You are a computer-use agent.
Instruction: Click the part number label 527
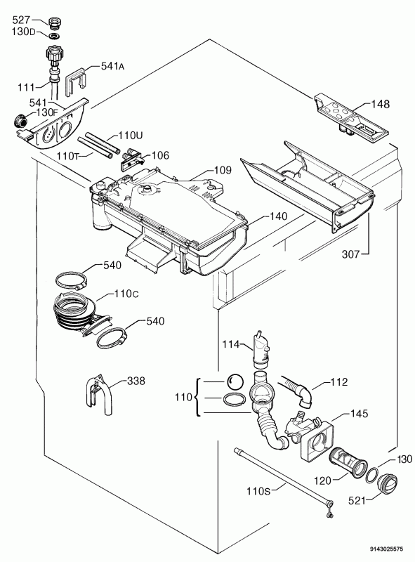(21, 20)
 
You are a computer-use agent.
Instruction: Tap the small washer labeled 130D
(55, 37)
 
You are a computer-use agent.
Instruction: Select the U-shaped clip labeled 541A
(75, 81)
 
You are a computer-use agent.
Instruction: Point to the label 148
(380, 104)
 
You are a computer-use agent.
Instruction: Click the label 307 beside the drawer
(350, 254)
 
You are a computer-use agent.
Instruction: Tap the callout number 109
(223, 170)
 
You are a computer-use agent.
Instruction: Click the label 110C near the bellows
(126, 294)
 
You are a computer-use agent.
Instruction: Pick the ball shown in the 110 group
(235, 382)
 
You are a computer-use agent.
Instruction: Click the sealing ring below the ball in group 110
(235, 399)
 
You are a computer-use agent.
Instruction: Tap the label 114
(230, 344)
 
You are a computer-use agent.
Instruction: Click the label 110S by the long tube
(258, 490)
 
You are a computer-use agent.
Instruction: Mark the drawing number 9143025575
(386, 549)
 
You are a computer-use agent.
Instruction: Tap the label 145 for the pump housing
(359, 414)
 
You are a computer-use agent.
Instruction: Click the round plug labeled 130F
(20, 121)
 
